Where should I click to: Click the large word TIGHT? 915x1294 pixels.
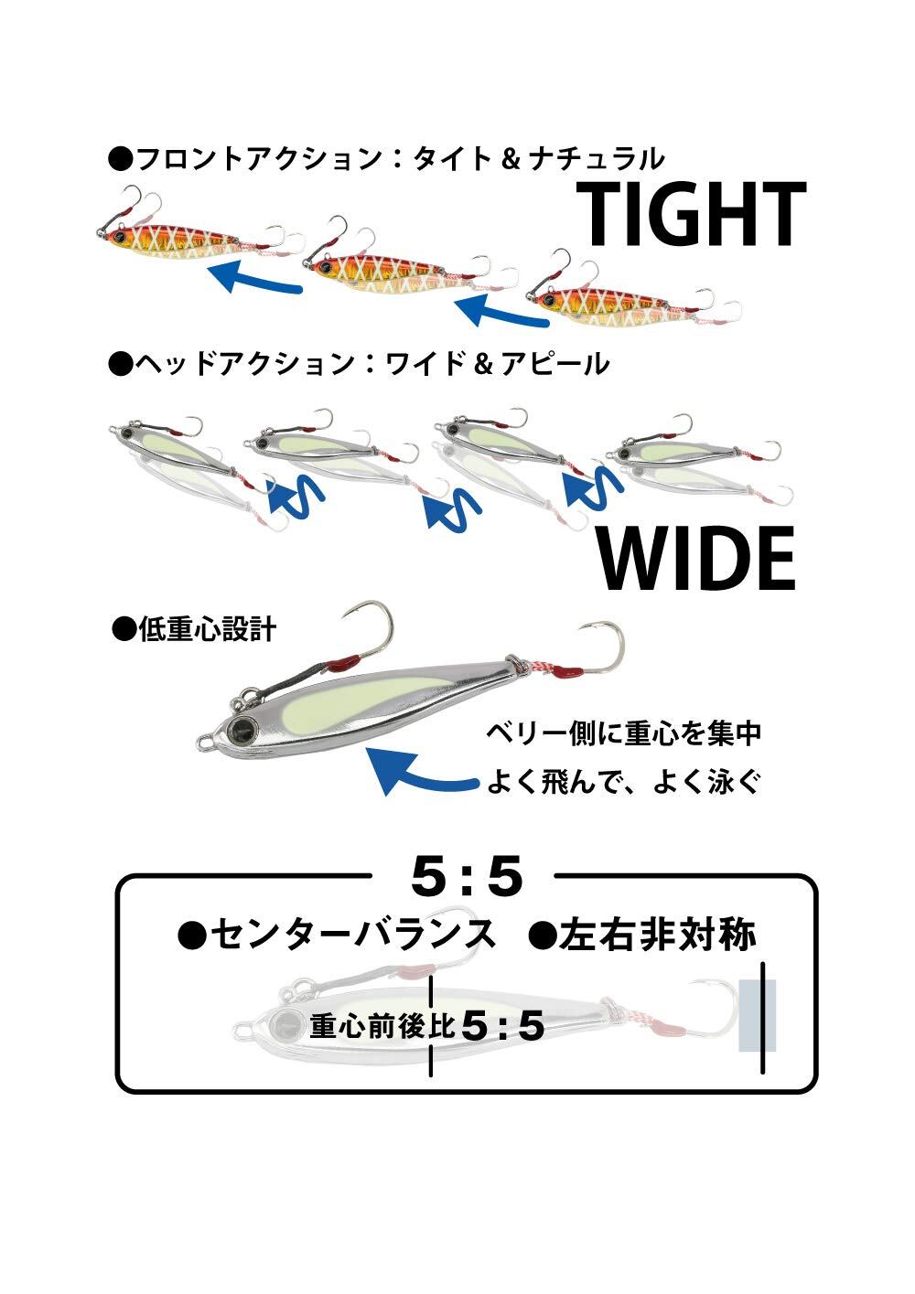(691, 213)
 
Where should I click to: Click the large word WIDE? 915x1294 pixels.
(696, 559)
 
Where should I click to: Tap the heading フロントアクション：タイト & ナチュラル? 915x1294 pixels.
(387, 158)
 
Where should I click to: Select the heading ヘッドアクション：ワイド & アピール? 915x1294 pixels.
(359, 363)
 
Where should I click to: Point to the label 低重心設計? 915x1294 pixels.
(194, 628)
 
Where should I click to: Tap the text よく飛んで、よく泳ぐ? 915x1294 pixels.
(624, 782)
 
